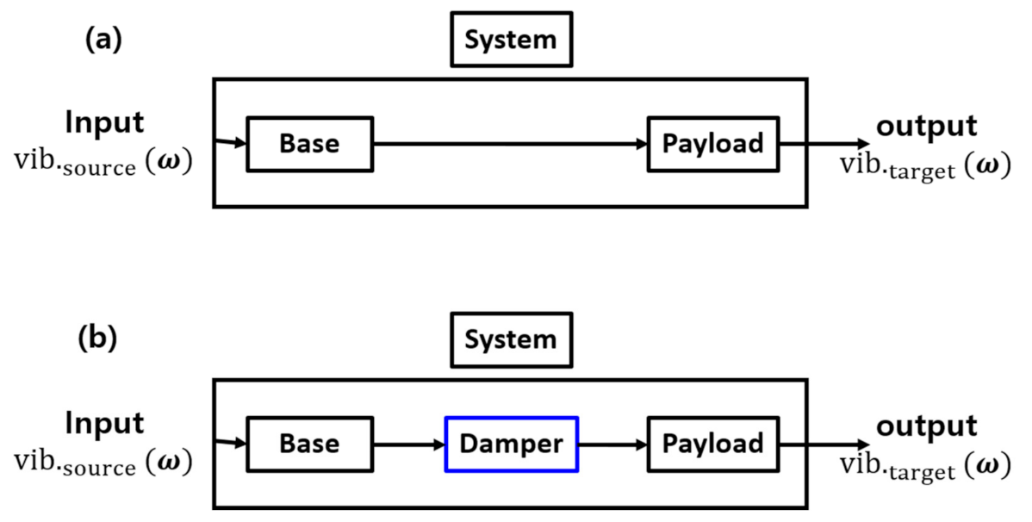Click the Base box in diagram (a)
[310, 144]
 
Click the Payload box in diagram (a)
[712, 144]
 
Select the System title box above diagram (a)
[511, 40]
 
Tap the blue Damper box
[511, 444]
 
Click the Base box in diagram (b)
[310, 444]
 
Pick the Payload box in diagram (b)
[712, 444]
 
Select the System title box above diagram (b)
[511, 339]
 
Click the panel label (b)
[96, 339]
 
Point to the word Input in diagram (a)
[104, 123]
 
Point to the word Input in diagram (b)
[104, 424]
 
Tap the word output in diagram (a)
[926, 127]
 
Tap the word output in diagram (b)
[926, 426]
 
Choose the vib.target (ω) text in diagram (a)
[925, 166]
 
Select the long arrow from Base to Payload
[510, 144]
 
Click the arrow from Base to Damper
[408, 444]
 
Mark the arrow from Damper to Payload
[612, 444]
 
